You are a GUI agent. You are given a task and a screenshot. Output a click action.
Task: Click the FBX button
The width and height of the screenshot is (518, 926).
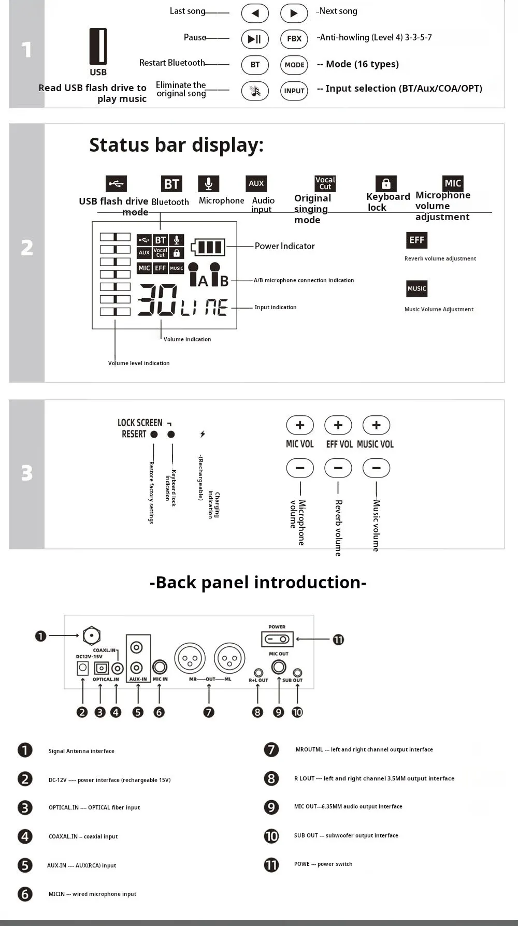click(x=294, y=39)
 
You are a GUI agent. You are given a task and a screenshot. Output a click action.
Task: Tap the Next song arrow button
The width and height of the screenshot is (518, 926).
click(x=294, y=13)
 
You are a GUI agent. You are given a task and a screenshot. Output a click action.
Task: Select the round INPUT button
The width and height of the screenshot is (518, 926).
click(x=294, y=91)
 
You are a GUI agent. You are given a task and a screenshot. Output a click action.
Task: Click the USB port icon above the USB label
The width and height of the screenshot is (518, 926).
click(x=98, y=47)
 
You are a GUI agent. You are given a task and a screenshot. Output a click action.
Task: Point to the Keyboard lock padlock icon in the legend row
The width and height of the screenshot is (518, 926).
click(x=386, y=183)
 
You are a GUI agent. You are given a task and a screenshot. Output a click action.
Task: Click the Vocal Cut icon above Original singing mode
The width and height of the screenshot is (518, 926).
click(x=325, y=183)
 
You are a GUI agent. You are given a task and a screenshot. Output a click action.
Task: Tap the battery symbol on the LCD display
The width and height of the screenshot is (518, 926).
click(x=208, y=247)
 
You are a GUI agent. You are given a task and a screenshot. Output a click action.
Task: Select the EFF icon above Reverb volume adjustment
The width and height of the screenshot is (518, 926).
click(x=416, y=240)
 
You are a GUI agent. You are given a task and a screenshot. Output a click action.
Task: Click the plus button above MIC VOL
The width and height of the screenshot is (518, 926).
click(x=300, y=425)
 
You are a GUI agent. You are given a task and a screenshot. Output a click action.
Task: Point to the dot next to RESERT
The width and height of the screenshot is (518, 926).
click(x=154, y=435)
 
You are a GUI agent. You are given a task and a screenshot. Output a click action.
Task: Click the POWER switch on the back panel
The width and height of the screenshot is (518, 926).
click(x=277, y=639)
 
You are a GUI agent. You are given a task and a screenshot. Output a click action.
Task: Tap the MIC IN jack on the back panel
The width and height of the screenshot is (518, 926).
click(x=160, y=667)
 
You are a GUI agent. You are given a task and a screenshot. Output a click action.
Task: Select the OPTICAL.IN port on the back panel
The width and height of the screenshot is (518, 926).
click(x=101, y=668)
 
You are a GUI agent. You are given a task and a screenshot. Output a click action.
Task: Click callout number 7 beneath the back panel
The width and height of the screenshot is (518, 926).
click(x=209, y=712)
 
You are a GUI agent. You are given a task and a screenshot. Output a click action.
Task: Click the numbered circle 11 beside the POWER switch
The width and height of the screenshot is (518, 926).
click(x=338, y=640)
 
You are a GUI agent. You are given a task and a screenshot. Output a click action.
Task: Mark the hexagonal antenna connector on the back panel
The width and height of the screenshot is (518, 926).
click(x=92, y=635)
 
